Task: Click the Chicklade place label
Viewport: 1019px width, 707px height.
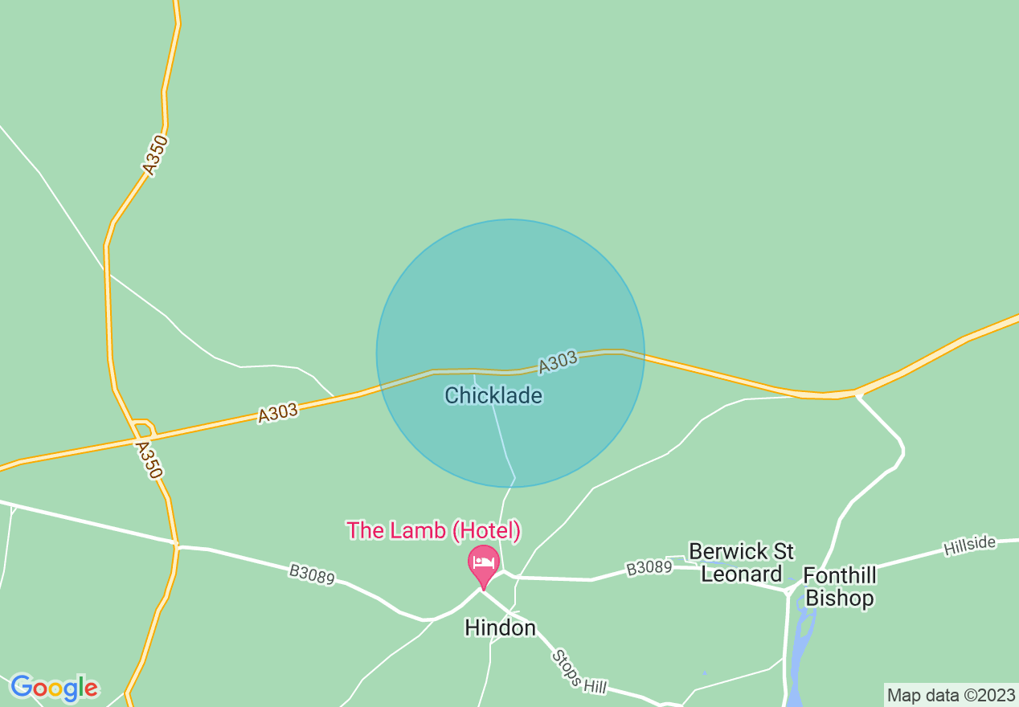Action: [x=493, y=395]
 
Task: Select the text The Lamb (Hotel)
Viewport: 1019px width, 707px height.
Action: [x=434, y=530]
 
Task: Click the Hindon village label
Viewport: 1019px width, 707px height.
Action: [x=500, y=627]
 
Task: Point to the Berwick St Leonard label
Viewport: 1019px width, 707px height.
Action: [x=741, y=562]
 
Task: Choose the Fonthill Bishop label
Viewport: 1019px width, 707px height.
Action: [x=840, y=587]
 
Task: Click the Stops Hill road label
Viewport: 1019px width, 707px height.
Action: [x=579, y=672]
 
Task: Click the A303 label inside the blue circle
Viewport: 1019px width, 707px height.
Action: [x=558, y=362]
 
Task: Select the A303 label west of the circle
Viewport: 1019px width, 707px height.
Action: [x=278, y=414]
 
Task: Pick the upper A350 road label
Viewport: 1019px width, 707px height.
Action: [x=155, y=155]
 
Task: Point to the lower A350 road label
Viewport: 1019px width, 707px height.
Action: [x=149, y=460]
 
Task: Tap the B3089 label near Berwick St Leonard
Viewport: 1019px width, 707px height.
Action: [x=649, y=568]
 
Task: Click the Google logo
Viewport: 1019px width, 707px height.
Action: [x=54, y=688]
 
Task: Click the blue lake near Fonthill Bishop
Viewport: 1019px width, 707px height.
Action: [x=800, y=643]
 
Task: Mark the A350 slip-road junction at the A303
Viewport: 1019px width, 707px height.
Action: [x=145, y=428]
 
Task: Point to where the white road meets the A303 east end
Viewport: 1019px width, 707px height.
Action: [x=857, y=394]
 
